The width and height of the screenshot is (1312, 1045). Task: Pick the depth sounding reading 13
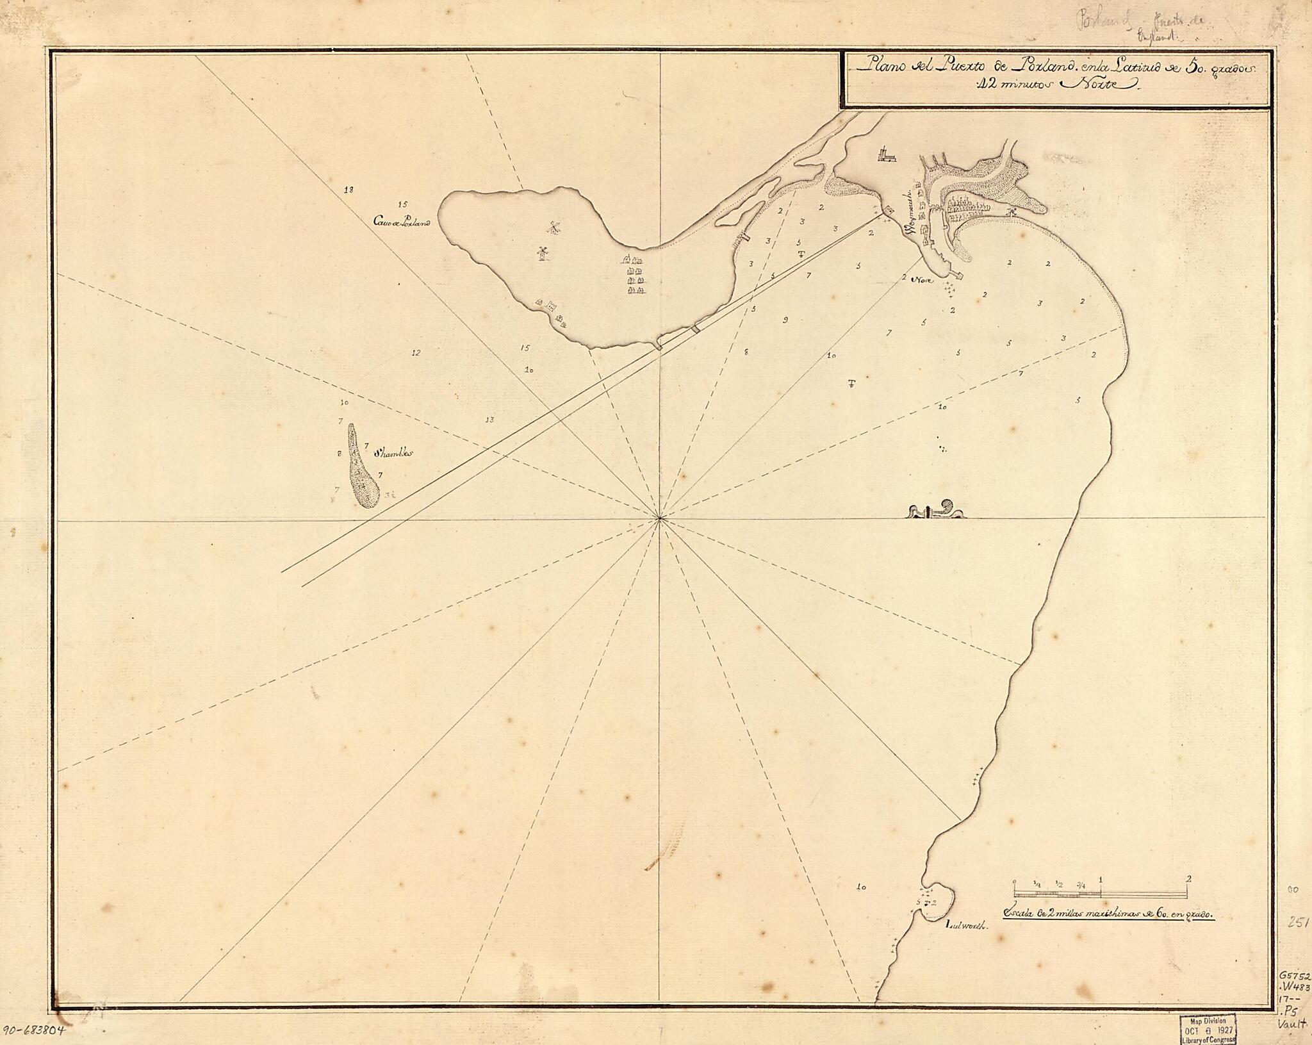(x=490, y=420)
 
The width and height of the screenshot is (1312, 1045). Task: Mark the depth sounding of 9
(x=785, y=319)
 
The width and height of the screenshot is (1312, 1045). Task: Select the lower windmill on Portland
(x=542, y=254)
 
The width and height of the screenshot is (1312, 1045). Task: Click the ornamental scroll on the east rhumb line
(x=936, y=511)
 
